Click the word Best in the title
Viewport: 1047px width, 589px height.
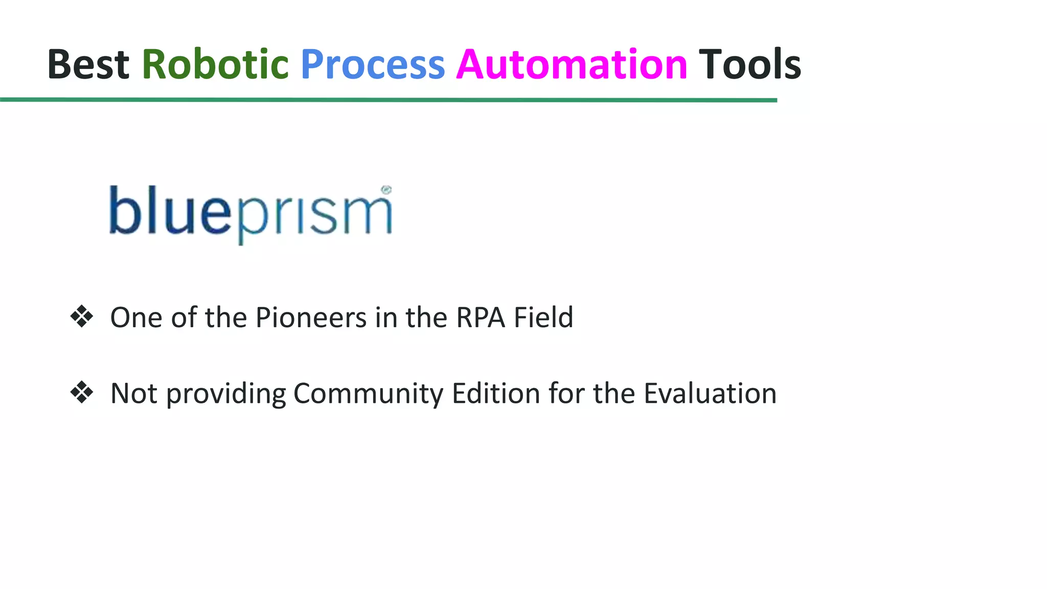pyautogui.click(x=88, y=64)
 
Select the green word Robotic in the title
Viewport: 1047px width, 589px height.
pyautogui.click(x=215, y=64)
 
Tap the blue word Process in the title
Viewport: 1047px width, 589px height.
pyautogui.click(x=373, y=64)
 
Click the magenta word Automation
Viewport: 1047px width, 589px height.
pyautogui.click(x=572, y=64)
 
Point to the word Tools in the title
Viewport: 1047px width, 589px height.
pyautogui.click(x=749, y=64)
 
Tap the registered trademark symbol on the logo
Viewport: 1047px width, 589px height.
pyautogui.click(x=386, y=190)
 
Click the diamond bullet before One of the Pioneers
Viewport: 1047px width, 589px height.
pyautogui.click(x=82, y=316)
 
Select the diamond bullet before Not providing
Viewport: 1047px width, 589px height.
pyautogui.click(x=82, y=393)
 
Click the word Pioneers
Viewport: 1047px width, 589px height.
pyautogui.click(x=311, y=318)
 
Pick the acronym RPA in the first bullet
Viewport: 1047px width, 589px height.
pyautogui.click(x=481, y=318)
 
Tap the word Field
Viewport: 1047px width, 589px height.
pyautogui.click(x=543, y=318)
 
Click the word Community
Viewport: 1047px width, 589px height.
pyautogui.click(x=368, y=394)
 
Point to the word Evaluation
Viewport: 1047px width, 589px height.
pyautogui.click(x=710, y=394)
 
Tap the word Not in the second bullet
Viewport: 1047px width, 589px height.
pyautogui.click(x=133, y=394)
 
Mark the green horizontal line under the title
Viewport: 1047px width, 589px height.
pyautogui.click(x=389, y=100)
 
